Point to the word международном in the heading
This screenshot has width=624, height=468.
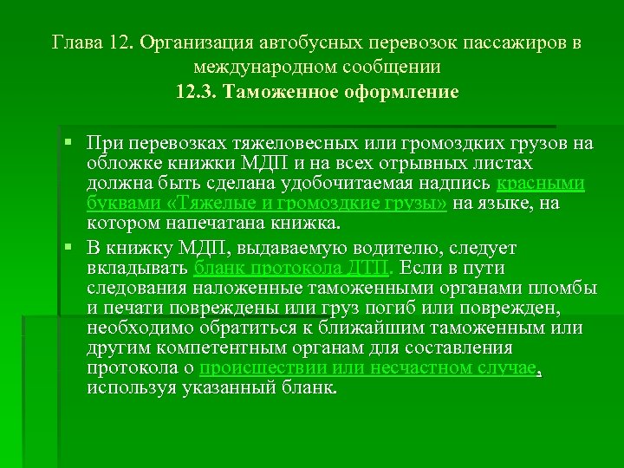click(x=265, y=66)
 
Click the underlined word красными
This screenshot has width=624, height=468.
click(x=542, y=184)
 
